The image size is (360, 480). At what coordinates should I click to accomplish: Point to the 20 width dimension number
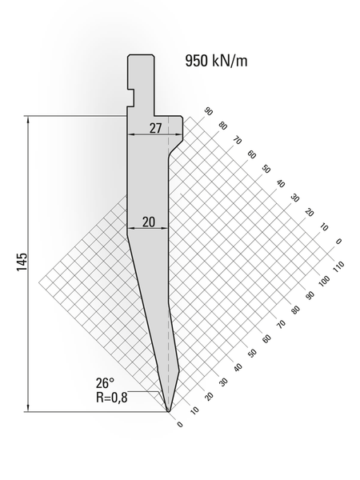[x=148, y=222]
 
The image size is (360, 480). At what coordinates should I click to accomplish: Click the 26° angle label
[x=107, y=382]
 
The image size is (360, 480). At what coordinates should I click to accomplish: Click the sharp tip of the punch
[x=169, y=411]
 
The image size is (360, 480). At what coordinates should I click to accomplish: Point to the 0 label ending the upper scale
[x=338, y=241]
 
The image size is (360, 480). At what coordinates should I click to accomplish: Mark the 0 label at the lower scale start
[x=180, y=424]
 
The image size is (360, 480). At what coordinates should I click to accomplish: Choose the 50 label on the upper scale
[x=266, y=169]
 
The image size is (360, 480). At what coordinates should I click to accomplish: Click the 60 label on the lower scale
[x=266, y=338]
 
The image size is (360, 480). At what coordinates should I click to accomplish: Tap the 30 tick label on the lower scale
[x=223, y=382]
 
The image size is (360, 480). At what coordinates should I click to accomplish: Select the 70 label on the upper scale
[x=238, y=140]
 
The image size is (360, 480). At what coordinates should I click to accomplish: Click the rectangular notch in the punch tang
[x=130, y=98]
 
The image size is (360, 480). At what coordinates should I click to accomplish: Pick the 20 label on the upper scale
[x=310, y=212]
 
